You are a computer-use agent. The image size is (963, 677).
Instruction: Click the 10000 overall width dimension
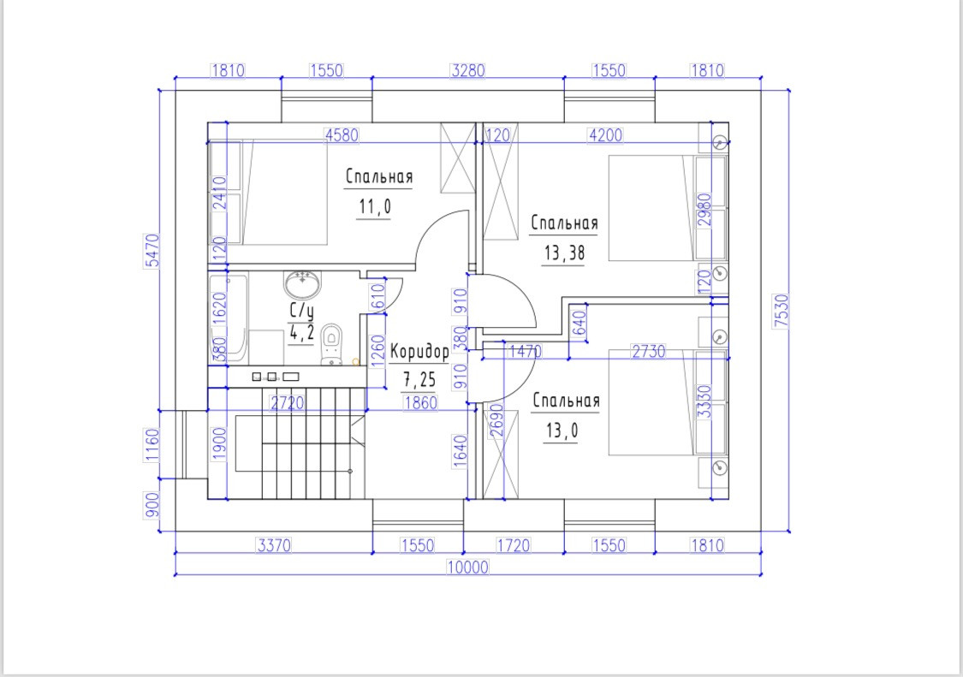(x=467, y=567)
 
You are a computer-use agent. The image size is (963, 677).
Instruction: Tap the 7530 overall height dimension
(x=782, y=311)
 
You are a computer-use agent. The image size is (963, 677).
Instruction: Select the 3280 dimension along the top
(x=468, y=71)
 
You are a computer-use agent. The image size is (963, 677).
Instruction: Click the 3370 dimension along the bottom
(x=274, y=545)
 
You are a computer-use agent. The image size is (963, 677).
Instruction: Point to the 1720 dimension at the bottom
(x=514, y=545)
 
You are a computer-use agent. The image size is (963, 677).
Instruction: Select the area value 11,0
(x=375, y=207)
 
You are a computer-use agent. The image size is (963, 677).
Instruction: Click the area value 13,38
(x=564, y=252)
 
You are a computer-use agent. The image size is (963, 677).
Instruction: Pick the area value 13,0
(x=562, y=431)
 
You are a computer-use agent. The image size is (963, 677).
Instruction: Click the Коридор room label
(x=419, y=353)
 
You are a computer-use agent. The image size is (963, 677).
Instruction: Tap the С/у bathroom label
(x=301, y=311)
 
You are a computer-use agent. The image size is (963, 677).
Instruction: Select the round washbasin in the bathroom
(x=302, y=284)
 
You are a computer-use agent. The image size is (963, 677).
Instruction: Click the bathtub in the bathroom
(x=229, y=319)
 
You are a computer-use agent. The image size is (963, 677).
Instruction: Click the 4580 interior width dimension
(x=342, y=134)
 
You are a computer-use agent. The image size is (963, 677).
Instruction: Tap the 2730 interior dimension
(x=649, y=351)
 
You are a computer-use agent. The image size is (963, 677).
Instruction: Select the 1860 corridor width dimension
(x=420, y=403)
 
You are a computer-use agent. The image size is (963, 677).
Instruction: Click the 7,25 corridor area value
(x=419, y=380)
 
